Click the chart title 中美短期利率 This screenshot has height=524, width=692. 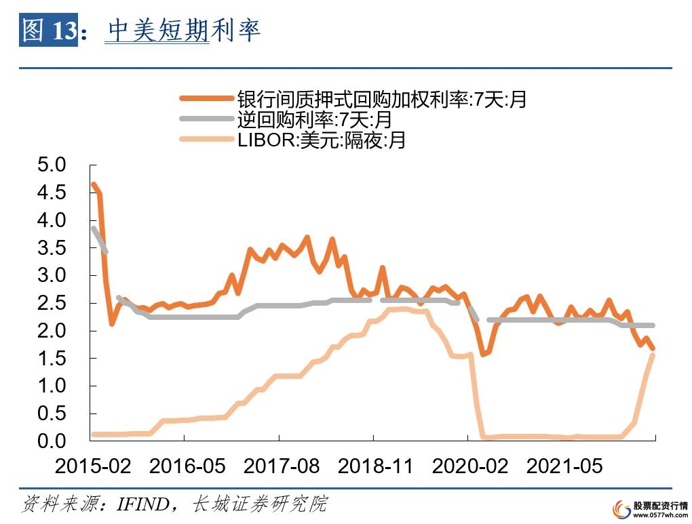184,31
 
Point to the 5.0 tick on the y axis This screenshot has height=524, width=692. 52,165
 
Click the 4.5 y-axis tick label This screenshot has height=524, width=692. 52,193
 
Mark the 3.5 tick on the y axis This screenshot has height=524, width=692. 52,248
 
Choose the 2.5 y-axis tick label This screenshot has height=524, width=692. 52,303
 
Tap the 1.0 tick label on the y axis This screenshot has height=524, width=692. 52,386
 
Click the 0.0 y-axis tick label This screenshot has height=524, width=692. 52,441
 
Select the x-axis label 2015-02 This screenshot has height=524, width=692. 93,466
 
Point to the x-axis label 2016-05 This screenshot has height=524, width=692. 187,466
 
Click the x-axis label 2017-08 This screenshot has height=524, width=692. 282,466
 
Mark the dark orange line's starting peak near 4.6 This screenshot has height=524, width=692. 94,184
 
